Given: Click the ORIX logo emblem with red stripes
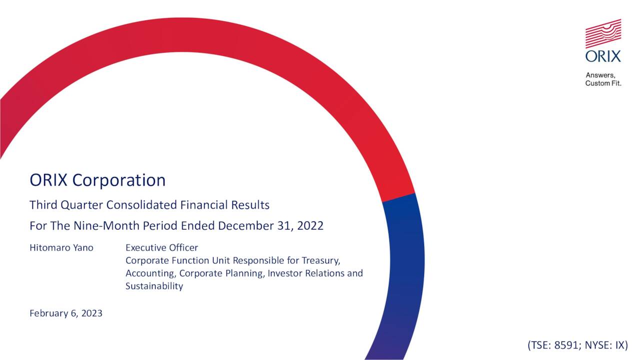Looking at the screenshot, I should tap(603, 33).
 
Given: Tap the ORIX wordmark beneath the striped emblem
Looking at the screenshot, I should tap(603, 56).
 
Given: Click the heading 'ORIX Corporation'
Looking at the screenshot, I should tap(97, 180).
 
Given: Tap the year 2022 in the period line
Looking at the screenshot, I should tap(310, 225).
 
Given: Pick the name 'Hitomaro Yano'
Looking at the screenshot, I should tap(61, 248).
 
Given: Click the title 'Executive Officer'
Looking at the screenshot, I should tap(161, 248).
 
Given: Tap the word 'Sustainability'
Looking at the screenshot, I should tap(154, 286).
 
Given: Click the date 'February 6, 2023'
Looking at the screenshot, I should tap(66, 313).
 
